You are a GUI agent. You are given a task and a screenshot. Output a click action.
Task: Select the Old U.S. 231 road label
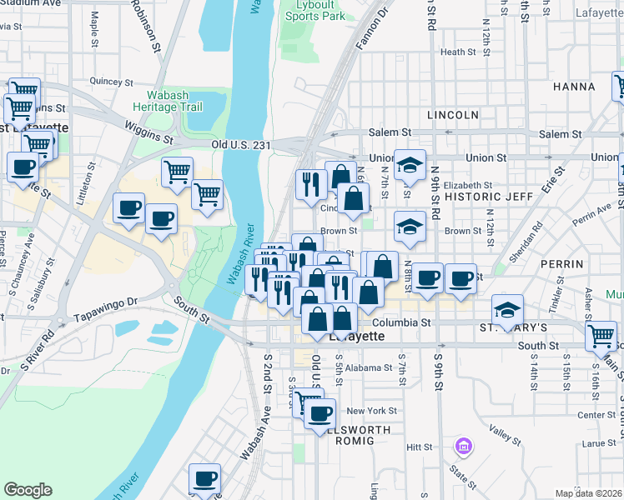(x=241, y=144)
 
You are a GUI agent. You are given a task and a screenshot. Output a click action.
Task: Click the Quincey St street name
(x=112, y=82)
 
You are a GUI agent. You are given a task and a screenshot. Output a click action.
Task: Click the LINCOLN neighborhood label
(x=452, y=114)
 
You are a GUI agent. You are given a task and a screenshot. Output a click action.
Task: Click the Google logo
(x=28, y=490)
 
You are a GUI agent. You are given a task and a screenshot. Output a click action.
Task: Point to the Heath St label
(x=458, y=52)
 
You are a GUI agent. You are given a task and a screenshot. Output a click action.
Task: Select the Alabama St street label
(x=369, y=367)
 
